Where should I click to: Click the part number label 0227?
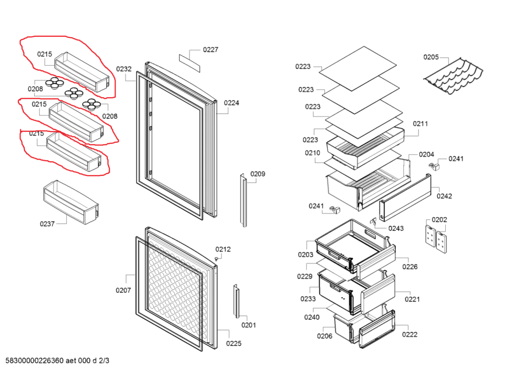point(211,50)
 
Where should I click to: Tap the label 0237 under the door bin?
point(47,224)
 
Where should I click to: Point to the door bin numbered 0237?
point(70,200)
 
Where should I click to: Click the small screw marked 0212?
point(217,259)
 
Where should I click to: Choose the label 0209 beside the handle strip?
point(257,174)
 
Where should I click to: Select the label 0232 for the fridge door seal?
point(124,69)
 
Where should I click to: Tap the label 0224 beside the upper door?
point(232,103)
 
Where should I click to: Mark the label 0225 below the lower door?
point(234,344)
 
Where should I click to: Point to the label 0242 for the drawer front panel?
point(444,196)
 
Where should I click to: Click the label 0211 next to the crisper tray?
point(420,124)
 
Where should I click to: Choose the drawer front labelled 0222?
point(377,328)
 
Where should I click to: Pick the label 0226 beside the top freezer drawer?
point(410,267)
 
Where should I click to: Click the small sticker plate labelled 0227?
point(190,62)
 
